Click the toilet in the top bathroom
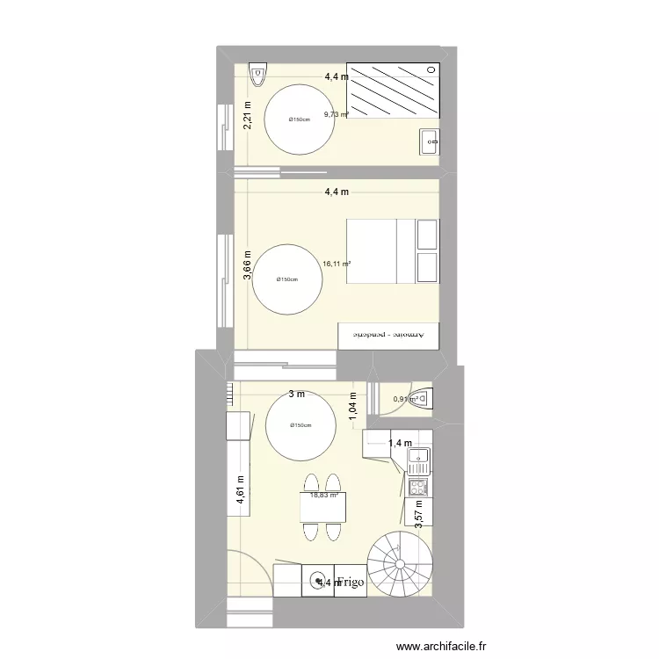pyautogui.click(x=257, y=76)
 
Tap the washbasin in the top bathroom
pyautogui.click(x=430, y=140)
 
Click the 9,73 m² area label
pyautogui.click(x=337, y=114)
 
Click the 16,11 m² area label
pyautogui.click(x=337, y=263)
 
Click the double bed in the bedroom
pyautogui.click(x=393, y=251)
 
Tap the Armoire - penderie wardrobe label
pyautogui.click(x=388, y=335)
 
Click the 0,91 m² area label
pyautogui.click(x=405, y=400)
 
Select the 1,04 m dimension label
pyautogui.click(x=353, y=405)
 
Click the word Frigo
pyautogui.click(x=347, y=582)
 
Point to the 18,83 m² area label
pyautogui.click(x=323, y=496)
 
